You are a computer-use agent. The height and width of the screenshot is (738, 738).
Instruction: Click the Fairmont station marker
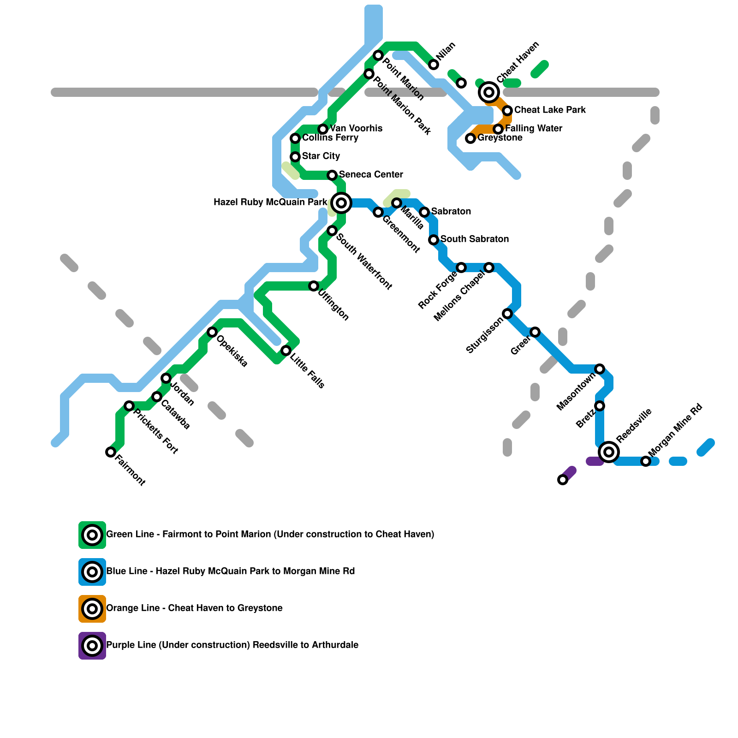[111, 452]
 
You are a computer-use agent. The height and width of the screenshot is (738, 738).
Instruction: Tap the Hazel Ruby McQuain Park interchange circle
[341, 203]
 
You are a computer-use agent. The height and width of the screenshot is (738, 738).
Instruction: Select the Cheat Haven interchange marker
[489, 92]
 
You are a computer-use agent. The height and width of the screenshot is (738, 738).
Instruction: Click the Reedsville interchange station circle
[609, 452]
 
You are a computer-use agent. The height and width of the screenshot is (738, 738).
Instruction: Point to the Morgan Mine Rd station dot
[646, 461]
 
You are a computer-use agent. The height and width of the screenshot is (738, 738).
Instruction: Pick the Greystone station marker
[470, 138]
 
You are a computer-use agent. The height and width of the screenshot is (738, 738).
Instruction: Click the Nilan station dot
[434, 65]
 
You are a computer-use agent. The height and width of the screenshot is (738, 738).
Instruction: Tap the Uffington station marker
[314, 286]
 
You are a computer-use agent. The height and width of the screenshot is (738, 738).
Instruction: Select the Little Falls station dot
[286, 351]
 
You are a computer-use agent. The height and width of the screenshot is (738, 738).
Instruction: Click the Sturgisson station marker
[507, 314]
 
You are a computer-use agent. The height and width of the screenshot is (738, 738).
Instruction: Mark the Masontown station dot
[600, 369]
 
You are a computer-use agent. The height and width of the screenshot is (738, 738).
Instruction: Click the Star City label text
[321, 156]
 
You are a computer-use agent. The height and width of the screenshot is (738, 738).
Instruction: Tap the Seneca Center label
[371, 174]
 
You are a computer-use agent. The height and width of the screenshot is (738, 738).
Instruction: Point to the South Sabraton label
[474, 239]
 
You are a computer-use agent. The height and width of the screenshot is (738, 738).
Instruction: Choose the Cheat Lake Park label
[550, 110]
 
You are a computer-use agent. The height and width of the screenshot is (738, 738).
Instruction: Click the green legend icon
[92, 535]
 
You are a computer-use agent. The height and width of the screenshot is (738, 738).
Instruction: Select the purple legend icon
[92, 646]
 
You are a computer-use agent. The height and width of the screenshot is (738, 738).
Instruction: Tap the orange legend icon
[92, 609]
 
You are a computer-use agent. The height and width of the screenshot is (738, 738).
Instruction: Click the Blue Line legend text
[230, 571]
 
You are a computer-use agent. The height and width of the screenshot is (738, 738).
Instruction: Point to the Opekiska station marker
[212, 332]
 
